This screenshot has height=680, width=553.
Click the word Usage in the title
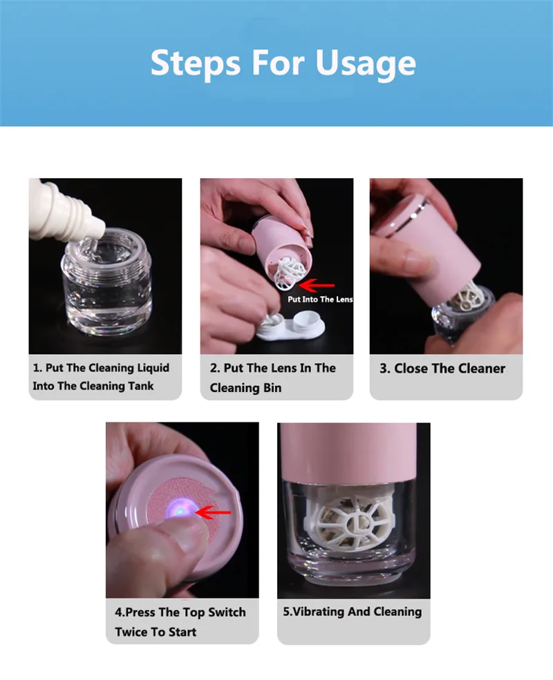(x=366, y=64)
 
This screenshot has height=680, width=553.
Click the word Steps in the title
(x=196, y=62)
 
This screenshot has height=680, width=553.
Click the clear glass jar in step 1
(x=106, y=282)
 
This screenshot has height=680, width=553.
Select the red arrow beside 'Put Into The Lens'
(x=317, y=285)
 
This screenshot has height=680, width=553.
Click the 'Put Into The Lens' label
(x=320, y=299)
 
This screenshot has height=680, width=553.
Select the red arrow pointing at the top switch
(x=213, y=513)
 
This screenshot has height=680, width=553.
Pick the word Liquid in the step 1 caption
(x=153, y=368)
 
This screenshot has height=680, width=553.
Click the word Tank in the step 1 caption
(x=142, y=386)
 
